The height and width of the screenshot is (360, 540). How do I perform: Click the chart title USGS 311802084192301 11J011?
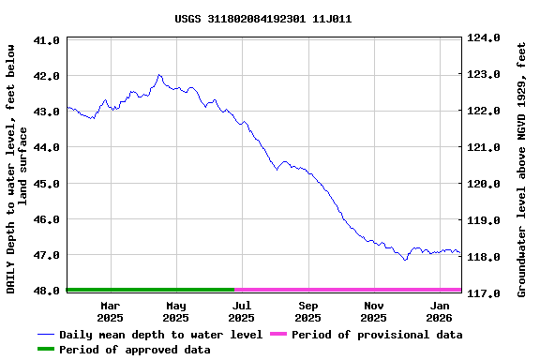pos(263,18)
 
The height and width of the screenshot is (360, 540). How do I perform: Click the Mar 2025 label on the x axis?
pos(110,311)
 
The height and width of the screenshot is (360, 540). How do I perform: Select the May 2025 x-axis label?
pos(175,311)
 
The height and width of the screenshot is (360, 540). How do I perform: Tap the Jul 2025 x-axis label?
pos(242,311)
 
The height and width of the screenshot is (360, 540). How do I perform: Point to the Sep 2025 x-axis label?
pos(308,311)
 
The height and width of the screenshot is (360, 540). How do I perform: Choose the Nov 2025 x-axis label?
pos(374,311)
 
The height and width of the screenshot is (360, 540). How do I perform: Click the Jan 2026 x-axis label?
pos(441,311)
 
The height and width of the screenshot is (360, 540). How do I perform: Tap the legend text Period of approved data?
pos(134,350)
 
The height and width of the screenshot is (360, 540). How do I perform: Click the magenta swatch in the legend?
pos(278,335)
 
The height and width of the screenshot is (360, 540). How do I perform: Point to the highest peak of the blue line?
pos(159,75)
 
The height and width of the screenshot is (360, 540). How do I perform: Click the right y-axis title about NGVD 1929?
pos(522,164)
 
